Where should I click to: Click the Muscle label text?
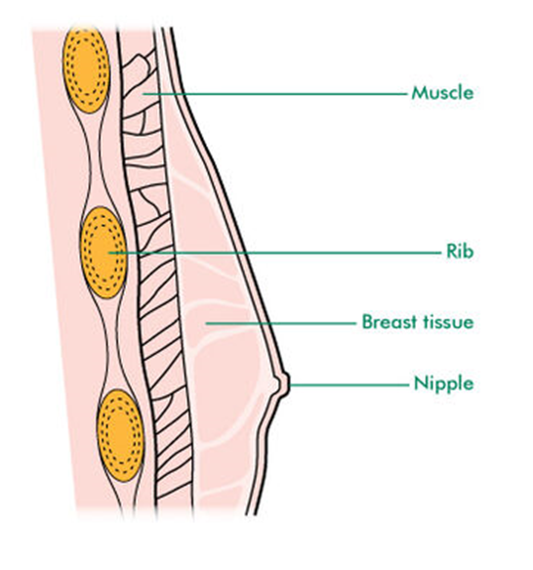click(442, 93)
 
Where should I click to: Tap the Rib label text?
click(460, 251)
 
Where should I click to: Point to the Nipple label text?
click(444, 384)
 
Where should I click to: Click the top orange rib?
click(86, 69)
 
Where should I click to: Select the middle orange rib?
click(103, 252)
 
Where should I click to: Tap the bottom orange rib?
click(120, 436)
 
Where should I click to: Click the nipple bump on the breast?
click(284, 383)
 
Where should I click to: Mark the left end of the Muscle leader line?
click(143, 94)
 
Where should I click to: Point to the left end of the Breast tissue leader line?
click(206, 323)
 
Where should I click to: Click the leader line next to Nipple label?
click(349, 384)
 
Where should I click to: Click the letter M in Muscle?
click(419, 94)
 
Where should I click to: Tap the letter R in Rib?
click(451, 251)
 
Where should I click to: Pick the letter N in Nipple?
click(421, 383)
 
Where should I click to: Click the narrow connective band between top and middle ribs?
click(96, 160)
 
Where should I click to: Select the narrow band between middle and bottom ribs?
click(111, 343)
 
